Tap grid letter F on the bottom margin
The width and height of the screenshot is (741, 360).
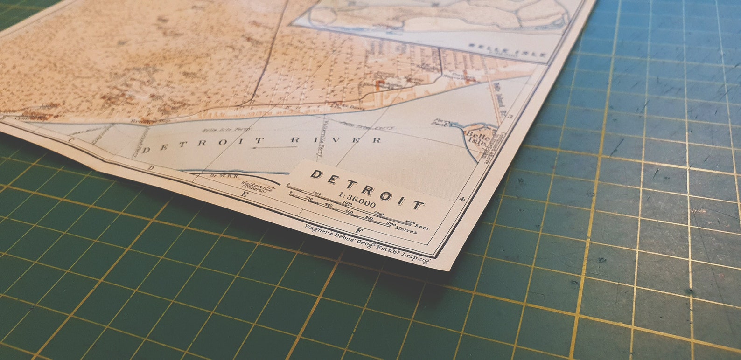coord(358,230)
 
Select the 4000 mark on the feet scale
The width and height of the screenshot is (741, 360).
coord(410,222)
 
